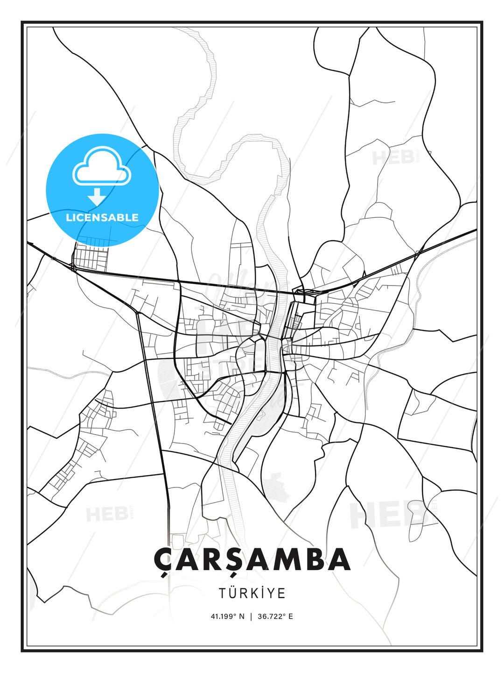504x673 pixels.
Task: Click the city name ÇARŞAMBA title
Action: click(x=252, y=559)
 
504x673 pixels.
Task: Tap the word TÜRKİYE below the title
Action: click(x=252, y=593)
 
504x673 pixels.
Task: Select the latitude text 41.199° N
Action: click(x=227, y=616)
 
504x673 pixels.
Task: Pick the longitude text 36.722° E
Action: click(x=275, y=616)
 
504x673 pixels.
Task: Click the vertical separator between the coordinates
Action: click(x=252, y=616)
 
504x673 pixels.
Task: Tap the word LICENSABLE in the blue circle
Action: click(x=102, y=217)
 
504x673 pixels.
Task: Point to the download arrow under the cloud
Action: click(x=97, y=197)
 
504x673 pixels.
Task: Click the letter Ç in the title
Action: click(x=162, y=560)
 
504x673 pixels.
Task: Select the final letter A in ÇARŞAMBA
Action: click(x=339, y=559)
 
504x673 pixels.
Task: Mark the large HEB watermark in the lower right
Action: click(x=387, y=514)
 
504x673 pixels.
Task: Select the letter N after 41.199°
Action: click(x=241, y=616)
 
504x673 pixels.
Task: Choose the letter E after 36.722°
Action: click(x=291, y=616)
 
